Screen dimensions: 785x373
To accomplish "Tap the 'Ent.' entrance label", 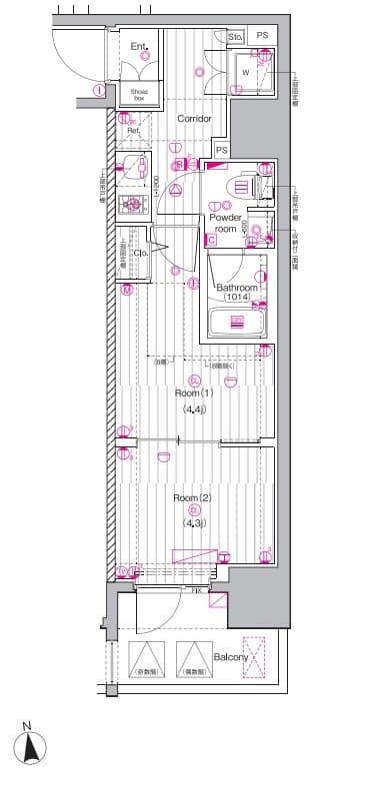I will coord(139,46).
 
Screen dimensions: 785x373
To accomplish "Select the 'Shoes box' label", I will coord(139,94).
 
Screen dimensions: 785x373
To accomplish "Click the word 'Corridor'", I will coord(194,118).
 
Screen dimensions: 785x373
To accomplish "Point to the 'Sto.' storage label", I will coord(236,37).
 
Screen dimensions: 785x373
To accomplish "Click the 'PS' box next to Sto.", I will coord(262,36).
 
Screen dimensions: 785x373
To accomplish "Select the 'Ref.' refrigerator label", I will coord(132,131).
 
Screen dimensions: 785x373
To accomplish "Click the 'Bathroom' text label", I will coord(238,289).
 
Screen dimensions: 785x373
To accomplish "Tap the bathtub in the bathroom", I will coord(237,322).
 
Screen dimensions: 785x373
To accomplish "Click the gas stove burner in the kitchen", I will coord(131,206).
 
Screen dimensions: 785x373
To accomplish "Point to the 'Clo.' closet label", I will coord(141,253).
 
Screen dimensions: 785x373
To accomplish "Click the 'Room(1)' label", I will coord(194,392).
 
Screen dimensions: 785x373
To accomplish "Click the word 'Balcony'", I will coord(231,657).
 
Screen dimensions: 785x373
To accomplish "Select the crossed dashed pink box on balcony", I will coord(256,657).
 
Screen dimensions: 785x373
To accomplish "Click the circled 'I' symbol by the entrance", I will coord(99,91).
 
